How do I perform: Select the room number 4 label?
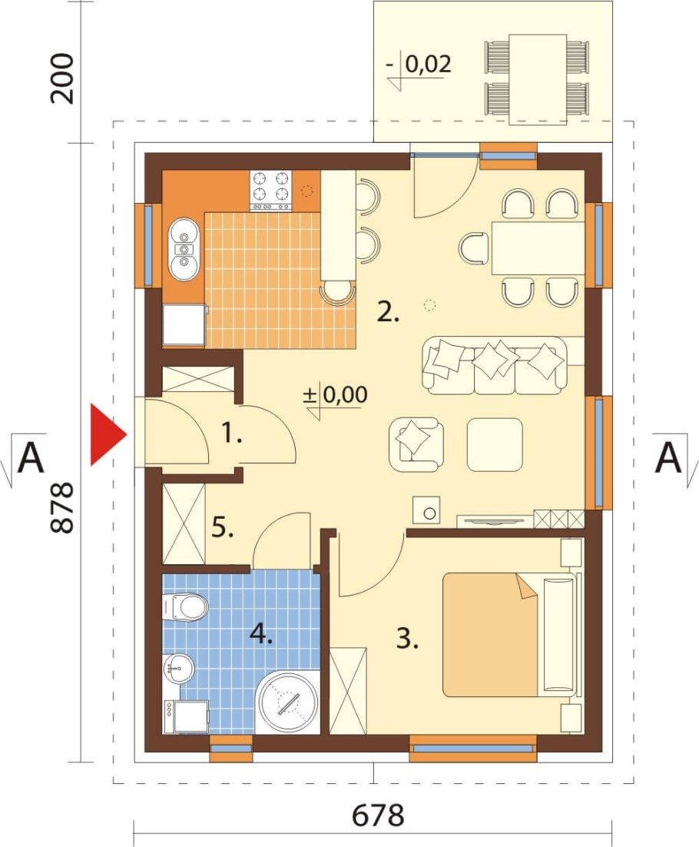(x=260, y=633)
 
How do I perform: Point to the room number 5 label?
(x=223, y=526)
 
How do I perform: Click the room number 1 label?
(x=231, y=433)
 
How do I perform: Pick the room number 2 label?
(x=388, y=312)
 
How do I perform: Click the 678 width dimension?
(x=378, y=815)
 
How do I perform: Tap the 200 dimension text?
(x=61, y=78)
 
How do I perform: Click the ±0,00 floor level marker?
(x=335, y=394)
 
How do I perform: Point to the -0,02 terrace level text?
(x=419, y=65)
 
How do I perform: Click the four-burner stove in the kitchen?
(x=270, y=191)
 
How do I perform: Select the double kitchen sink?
(x=184, y=250)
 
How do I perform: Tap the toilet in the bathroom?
(x=186, y=607)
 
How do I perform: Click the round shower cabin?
(x=287, y=702)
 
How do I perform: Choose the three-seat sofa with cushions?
(x=495, y=365)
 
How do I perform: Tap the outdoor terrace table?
(x=538, y=79)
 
